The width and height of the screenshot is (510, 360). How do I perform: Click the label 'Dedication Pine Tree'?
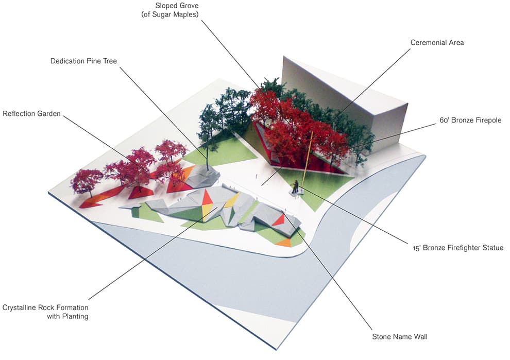(x=83, y=61)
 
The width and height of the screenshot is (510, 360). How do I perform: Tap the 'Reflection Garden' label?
(x=31, y=114)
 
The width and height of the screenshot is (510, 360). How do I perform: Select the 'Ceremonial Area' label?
(x=437, y=43)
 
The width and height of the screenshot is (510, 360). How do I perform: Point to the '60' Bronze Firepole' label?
(x=470, y=121)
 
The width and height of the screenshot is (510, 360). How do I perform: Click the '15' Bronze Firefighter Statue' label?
(x=458, y=248)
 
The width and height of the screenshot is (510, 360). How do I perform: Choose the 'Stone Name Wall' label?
(x=400, y=337)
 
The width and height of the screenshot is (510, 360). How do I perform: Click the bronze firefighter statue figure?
(x=295, y=187)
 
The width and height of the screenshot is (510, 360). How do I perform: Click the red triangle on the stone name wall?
(x=279, y=221)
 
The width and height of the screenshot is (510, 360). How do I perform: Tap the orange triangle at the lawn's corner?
(x=284, y=243)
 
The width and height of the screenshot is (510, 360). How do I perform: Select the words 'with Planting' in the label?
(x=67, y=316)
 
